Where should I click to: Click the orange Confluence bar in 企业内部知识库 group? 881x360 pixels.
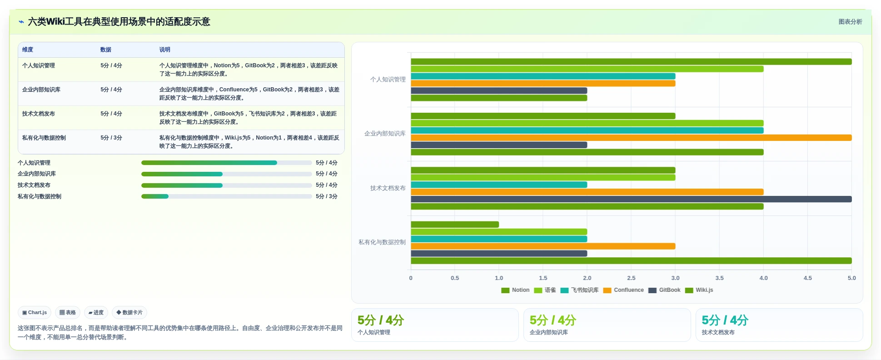point(631,138)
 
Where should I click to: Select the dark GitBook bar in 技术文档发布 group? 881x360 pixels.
point(631,199)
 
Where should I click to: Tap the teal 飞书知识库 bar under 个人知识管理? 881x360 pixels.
point(543,76)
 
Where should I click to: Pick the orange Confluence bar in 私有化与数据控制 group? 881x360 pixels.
point(543,246)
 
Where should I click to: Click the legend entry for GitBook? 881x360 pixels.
point(664,290)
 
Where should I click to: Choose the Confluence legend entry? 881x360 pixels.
point(623,290)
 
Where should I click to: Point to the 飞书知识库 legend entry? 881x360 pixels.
point(579,290)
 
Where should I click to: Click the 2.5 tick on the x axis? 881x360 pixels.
point(631,278)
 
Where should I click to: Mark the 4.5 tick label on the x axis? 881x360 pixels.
point(807,278)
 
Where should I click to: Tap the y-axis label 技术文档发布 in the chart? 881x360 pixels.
point(388,188)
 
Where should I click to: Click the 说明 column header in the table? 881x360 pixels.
point(164,50)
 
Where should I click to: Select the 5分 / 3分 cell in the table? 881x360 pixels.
point(111,138)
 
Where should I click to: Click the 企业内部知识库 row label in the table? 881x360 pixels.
point(41,90)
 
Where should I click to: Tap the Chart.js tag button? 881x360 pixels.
point(35,313)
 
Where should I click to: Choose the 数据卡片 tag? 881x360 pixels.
point(129,313)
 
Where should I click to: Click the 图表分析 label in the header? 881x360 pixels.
point(850,22)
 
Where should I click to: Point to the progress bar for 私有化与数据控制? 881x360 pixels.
point(226,196)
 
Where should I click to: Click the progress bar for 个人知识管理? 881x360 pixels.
point(226,163)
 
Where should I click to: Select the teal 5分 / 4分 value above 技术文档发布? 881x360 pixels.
point(725,320)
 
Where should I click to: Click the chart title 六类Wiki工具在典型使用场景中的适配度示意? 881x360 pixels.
point(119,22)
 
